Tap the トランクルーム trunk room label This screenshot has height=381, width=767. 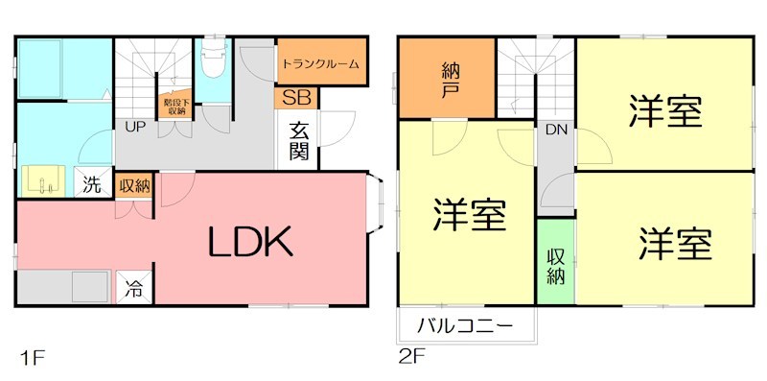[321, 64]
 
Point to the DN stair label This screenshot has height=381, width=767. [555, 130]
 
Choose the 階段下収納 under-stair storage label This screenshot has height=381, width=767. [175, 106]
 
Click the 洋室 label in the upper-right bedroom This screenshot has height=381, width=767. [665, 111]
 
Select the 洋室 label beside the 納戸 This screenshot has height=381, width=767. [469, 217]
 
